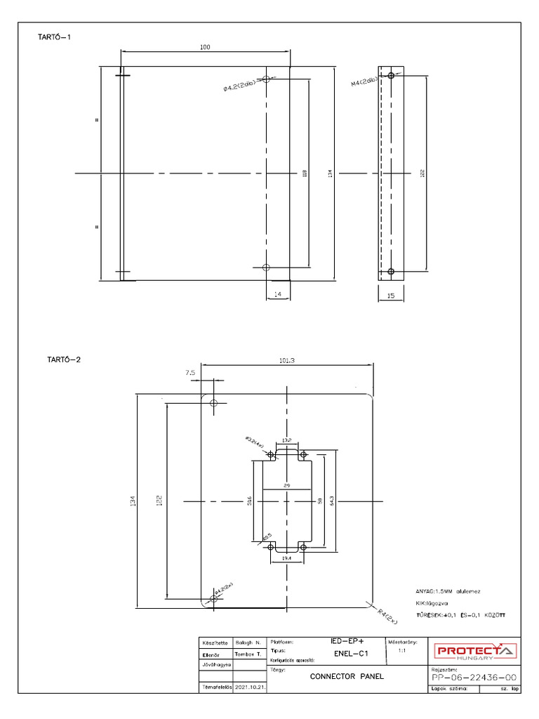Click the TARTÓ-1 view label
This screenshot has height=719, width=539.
54,37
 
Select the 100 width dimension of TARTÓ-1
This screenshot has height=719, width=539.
205,47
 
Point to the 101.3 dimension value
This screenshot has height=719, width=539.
287,360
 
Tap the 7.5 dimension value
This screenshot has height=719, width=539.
191,374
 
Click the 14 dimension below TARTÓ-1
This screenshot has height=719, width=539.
278,296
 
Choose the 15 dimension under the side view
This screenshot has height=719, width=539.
391,296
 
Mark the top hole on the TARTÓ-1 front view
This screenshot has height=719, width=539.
266,79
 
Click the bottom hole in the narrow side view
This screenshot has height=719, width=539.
391,271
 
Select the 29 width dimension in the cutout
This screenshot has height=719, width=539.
288,485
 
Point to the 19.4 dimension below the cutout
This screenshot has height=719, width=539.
287,557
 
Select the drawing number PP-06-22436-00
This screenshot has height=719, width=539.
474,678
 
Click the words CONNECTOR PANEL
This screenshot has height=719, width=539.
347,677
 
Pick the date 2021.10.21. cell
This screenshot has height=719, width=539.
249,688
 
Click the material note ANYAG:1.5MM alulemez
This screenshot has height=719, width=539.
448,591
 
